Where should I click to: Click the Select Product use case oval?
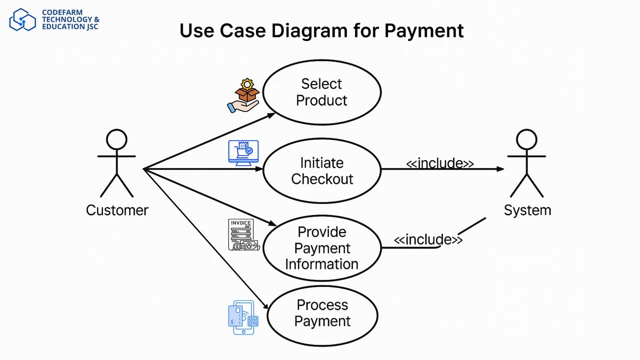click(321, 92)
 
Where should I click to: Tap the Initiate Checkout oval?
click(321, 170)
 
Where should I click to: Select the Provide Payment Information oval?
click(321, 248)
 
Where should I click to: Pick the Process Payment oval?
click(322, 315)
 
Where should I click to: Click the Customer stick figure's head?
click(116, 139)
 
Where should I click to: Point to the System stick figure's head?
click(526, 139)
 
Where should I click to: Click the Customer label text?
click(117, 210)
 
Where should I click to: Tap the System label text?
click(527, 210)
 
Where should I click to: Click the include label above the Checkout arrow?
click(439, 163)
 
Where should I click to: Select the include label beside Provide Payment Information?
click(428, 239)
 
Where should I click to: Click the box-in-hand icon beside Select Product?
click(243, 95)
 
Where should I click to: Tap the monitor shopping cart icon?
click(243, 152)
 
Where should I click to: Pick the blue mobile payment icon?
click(243, 317)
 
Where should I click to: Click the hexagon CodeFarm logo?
click(22, 19)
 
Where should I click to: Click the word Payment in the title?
click(424, 30)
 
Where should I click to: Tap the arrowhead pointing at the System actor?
click(500, 169)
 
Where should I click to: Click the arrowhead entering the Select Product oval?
click(271, 114)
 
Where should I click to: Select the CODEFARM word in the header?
click(62, 12)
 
